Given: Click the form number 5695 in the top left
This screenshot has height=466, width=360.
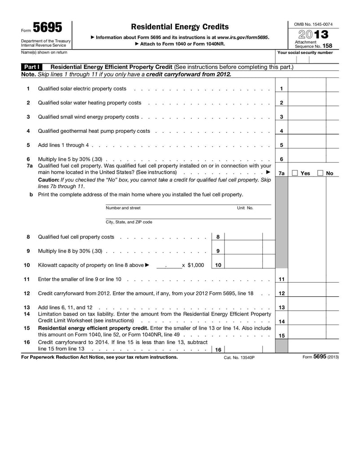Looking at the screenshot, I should (x=47, y=28).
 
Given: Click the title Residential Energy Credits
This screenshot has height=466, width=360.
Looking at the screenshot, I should (x=180, y=27).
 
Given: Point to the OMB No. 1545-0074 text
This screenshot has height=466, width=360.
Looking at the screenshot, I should (x=313, y=24).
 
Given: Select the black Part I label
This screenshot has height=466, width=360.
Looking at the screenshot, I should (x=32, y=67).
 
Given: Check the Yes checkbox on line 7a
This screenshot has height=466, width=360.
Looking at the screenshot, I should (x=295, y=173).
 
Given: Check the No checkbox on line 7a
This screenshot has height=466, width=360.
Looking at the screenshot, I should (x=320, y=173).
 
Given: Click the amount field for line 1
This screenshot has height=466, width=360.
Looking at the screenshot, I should (x=307, y=89).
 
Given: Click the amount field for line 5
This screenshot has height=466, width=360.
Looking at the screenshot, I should (x=307, y=145).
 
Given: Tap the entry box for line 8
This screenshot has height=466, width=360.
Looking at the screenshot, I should (x=243, y=237).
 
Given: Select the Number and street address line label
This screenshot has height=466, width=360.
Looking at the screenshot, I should (x=123, y=208).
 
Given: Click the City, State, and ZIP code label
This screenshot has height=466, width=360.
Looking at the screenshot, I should (x=129, y=222).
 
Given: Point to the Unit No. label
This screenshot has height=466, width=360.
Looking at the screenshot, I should (x=245, y=208).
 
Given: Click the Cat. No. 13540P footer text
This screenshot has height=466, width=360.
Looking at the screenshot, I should (x=239, y=357).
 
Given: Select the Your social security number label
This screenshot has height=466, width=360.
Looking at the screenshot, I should (x=305, y=53).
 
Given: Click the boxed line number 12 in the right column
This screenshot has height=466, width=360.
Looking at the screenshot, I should (x=281, y=294).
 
